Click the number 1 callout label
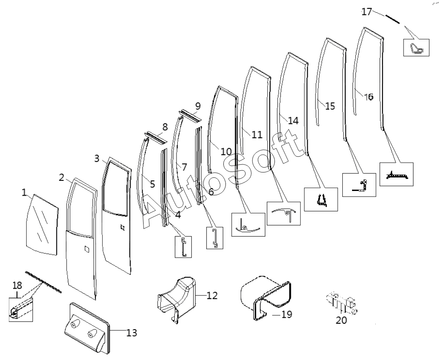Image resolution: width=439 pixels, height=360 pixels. (24, 193)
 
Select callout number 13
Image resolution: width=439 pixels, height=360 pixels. (132, 333)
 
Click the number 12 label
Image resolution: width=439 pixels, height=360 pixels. (212, 295)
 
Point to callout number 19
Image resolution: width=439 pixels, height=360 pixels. (287, 314)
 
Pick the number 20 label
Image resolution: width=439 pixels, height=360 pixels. (341, 320)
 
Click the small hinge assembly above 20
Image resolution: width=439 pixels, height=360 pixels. (342, 303)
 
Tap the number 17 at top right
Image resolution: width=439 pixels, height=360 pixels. (366, 12)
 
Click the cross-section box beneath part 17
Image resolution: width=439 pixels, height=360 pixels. (416, 48)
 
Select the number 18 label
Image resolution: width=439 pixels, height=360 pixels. (17, 286)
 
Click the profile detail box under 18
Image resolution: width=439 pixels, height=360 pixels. (21, 310)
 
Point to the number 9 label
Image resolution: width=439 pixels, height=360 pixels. (198, 106)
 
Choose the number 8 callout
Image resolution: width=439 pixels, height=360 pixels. (165, 127)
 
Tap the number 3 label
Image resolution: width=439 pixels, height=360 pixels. (97, 158)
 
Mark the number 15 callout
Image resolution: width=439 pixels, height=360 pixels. (330, 106)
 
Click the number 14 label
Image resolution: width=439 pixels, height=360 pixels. (293, 120)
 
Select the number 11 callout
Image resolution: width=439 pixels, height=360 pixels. (257, 135)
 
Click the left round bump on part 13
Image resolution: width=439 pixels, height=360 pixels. (74, 324)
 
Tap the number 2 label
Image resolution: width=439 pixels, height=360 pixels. (62, 177)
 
